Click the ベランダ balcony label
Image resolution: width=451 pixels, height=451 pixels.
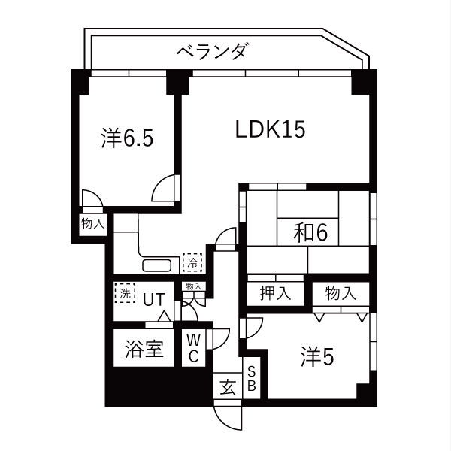click(x=211, y=51)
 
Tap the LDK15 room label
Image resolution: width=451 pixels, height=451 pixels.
click(x=270, y=129)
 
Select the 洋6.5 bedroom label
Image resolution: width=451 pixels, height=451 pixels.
click(x=127, y=138)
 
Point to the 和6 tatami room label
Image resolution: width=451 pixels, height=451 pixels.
click(x=310, y=232)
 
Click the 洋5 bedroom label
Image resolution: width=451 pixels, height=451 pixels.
click(x=317, y=356)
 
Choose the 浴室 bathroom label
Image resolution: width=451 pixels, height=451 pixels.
click(x=144, y=349)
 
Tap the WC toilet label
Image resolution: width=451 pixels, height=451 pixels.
click(x=194, y=349)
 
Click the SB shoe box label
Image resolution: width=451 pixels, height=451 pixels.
click(x=251, y=379)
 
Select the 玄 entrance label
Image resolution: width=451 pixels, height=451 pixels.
click(x=228, y=387)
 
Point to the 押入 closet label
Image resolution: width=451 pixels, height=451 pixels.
click(x=275, y=293)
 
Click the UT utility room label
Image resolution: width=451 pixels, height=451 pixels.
click(x=154, y=299)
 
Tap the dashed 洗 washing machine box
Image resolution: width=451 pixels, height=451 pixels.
click(x=125, y=293)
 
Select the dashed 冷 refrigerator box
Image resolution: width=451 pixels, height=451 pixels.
click(x=192, y=262)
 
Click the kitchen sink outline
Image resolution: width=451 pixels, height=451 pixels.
click(x=157, y=265)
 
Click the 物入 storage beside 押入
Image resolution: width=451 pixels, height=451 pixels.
click(x=341, y=293)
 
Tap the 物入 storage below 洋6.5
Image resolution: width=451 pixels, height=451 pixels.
click(x=92, y=223)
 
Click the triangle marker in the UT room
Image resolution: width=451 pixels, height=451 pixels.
click(x=165, y=316)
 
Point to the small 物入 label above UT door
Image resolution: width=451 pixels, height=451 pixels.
click(x=194, y=286)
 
